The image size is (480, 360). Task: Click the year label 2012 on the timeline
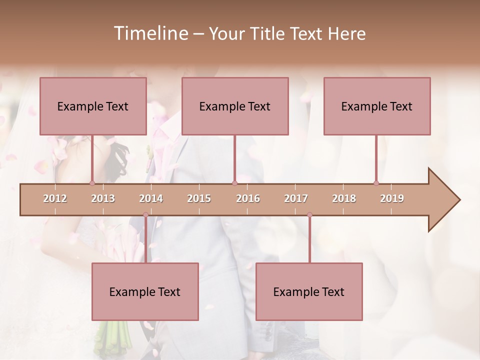(55, 199)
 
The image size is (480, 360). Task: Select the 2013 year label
(103, 199)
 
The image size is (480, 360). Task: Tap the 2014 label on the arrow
(151, 199)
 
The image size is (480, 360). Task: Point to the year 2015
(199, 199)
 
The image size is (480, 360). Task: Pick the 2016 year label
(248, 199)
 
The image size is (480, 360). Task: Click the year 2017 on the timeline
(296, 199)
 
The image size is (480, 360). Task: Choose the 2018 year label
(344, 199)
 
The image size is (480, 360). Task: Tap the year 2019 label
(392, 199)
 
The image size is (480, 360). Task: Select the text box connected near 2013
(93, 106)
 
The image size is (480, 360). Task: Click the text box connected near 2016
(235, 106)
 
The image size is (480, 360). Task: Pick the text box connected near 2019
(377, 106)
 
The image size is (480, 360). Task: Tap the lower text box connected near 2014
(145, 292)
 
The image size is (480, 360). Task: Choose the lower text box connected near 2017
(309, 292)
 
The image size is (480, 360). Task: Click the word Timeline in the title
(150, 33)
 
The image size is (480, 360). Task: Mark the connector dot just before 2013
(92, 183)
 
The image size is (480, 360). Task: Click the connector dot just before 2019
(376, 183)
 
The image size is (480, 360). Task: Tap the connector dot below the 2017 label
(309, 215)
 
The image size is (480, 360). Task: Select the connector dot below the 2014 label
(145, 215)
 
